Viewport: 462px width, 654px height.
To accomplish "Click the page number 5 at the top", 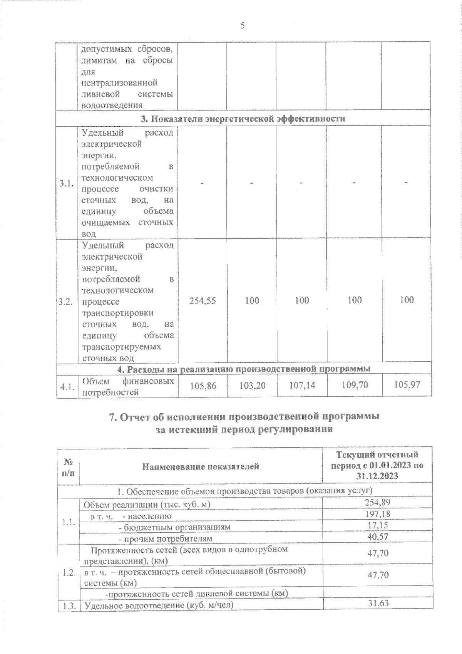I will [242, 25].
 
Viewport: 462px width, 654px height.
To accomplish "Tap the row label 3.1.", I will [67, 183].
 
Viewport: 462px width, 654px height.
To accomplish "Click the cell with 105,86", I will [203, 385].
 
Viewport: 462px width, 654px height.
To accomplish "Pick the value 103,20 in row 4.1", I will [252, 385].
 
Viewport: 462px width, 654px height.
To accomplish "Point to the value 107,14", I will [302, 385].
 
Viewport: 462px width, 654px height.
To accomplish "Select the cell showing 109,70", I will [355, 385].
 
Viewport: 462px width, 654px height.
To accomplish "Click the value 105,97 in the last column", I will [407, 384].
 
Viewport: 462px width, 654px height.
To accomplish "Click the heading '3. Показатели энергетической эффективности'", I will [243, 119].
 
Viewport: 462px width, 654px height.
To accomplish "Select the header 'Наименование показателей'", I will [201, 467].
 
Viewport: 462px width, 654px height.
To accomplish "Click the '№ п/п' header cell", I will [68, 466].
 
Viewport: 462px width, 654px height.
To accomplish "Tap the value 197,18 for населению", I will [377, 513].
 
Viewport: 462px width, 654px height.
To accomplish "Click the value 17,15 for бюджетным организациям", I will [378, 525].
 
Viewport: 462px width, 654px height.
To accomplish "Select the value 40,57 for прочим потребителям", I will [378, 536].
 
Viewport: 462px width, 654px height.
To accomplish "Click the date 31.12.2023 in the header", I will [377, 476].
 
